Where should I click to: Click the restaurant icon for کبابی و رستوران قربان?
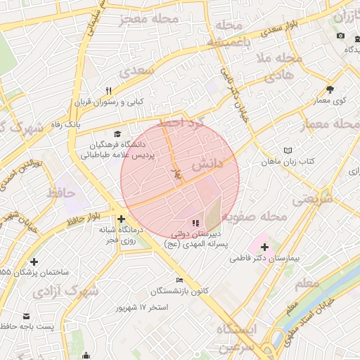tap(108, 91)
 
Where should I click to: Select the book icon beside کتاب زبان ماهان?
tap(288, 150)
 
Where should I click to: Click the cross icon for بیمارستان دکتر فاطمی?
tap(264, 247)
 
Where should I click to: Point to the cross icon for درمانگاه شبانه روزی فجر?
tap(122, 219)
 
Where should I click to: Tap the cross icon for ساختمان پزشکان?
tap(34, 262)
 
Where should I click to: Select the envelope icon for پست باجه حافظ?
tap(27, 316)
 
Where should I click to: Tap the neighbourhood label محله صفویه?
tap(262, 217)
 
